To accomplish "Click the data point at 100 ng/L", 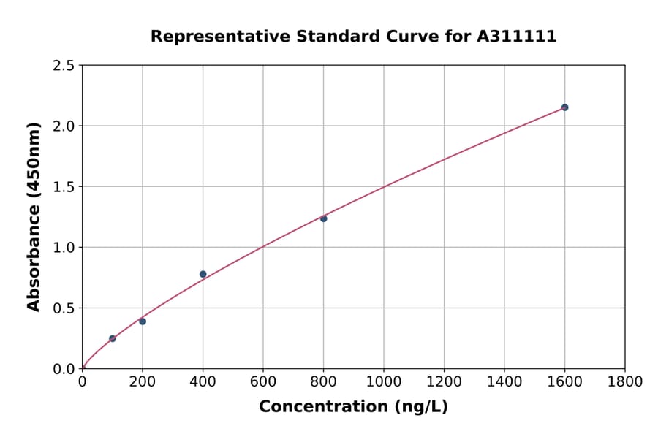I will pyautogui.click(x=112, y=338).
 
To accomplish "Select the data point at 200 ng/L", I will pyautogui.click(x=143, y=321).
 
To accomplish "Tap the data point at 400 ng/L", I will pyautogui.click(x=203, y=274).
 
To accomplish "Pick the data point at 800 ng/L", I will pyautogui.click(x=323, y=218).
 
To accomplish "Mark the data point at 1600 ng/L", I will pyautogui.click(x=564, y=107).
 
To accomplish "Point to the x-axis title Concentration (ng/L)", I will pyautogui.click(x=353, y=407).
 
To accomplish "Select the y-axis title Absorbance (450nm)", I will pyautogui.click(x=34, y=216).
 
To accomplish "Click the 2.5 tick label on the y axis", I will pyautogui.click(x=64, y=66).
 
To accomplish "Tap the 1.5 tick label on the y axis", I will pyautogui.click(x=64, y=187).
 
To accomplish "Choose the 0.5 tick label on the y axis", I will pyautogui.click(x=64, y=308).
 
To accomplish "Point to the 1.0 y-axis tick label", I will pyautogui.click(x=64, y=248).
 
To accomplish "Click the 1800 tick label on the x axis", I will pyautogui.click(x=625, y=381).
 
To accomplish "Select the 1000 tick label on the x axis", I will pyautogui.click(x=384, y=381).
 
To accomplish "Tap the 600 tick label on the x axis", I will pyautogui.click(x=263, y=381).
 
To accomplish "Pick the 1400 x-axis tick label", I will pyautogui.click(x=504, y=381).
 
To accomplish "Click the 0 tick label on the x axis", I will pyautogui.click(x=82, y=381).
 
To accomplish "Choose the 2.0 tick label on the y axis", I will pyautogui.click(x=64, y=126).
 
